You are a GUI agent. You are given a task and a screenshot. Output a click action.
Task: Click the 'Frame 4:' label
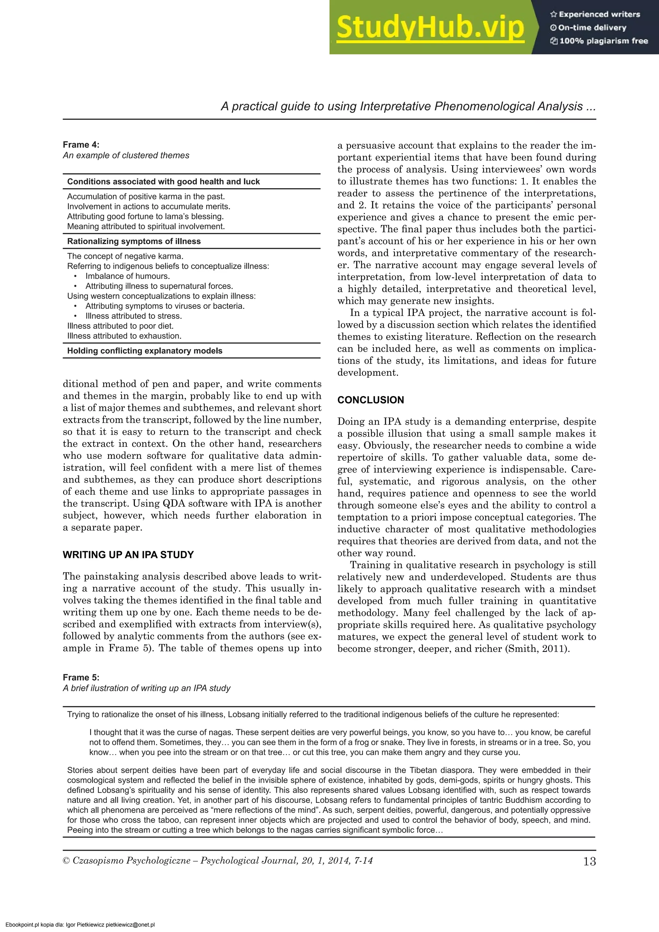pyautogui.click(x=81, y=145)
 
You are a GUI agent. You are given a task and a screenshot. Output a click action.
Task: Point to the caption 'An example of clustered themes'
pyautogui.click(x=126, y=155)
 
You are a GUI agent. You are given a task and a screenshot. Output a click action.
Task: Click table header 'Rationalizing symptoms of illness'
pyautogui.click(x=134, y=242)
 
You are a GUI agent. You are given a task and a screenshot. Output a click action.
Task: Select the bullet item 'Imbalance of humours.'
pyautogui.click(x=127, y=276)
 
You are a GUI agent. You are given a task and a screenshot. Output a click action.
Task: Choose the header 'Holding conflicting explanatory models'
pyautogui.click(x=144, y=351)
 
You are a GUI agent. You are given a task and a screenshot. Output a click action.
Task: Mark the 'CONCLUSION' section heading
pyautogui.click(x=370, y=400)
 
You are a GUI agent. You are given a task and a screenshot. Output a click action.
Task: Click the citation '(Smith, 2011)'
pyautogui.click(x=536, y=649)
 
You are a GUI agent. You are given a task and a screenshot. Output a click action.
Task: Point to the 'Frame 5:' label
pyautogui.click(x=81, y=678)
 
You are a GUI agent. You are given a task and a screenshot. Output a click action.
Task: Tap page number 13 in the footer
pyautogui.click(x=589, y=861)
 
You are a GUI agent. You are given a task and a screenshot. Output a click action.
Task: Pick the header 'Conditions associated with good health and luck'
pyautogui.click(x=163, y=182)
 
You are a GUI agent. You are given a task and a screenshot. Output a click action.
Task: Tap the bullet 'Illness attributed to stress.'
pyautogui.click(x=133, y=316)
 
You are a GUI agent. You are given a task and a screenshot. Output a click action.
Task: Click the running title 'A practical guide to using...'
pyautogui.click(x=408, y=107)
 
